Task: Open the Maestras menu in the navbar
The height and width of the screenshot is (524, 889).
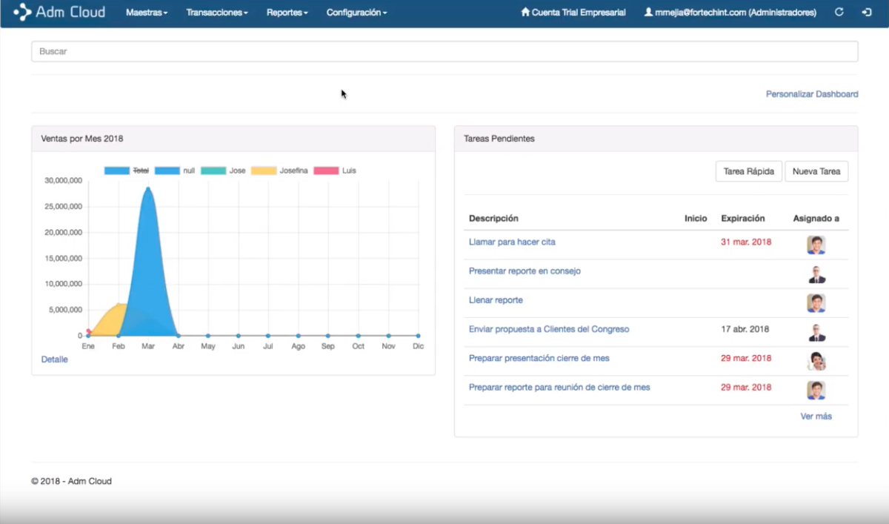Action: [147, 13]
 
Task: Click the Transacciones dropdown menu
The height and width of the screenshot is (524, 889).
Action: [216, 13]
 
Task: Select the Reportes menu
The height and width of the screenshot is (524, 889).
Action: [287, 13]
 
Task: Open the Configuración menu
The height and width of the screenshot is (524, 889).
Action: [356, 13]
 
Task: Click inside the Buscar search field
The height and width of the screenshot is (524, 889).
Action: [444, 51]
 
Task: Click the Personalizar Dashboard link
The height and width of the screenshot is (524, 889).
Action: [812, 94]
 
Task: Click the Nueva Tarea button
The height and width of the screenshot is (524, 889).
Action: [816, 171]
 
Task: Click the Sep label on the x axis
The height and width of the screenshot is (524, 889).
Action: [328, 346]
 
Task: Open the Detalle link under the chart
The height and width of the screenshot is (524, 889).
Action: [54, 359]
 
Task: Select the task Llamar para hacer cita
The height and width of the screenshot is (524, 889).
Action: [512, 242]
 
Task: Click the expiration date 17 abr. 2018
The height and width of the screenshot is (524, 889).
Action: [745, 329]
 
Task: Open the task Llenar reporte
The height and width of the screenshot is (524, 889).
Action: [496, 300]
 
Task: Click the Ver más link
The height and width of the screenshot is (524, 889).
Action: [816, 417]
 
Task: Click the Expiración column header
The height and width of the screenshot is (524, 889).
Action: [742, 219]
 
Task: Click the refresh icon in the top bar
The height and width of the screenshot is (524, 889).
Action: [839, 13]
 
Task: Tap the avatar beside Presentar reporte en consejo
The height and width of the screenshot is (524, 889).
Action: [816, 274]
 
